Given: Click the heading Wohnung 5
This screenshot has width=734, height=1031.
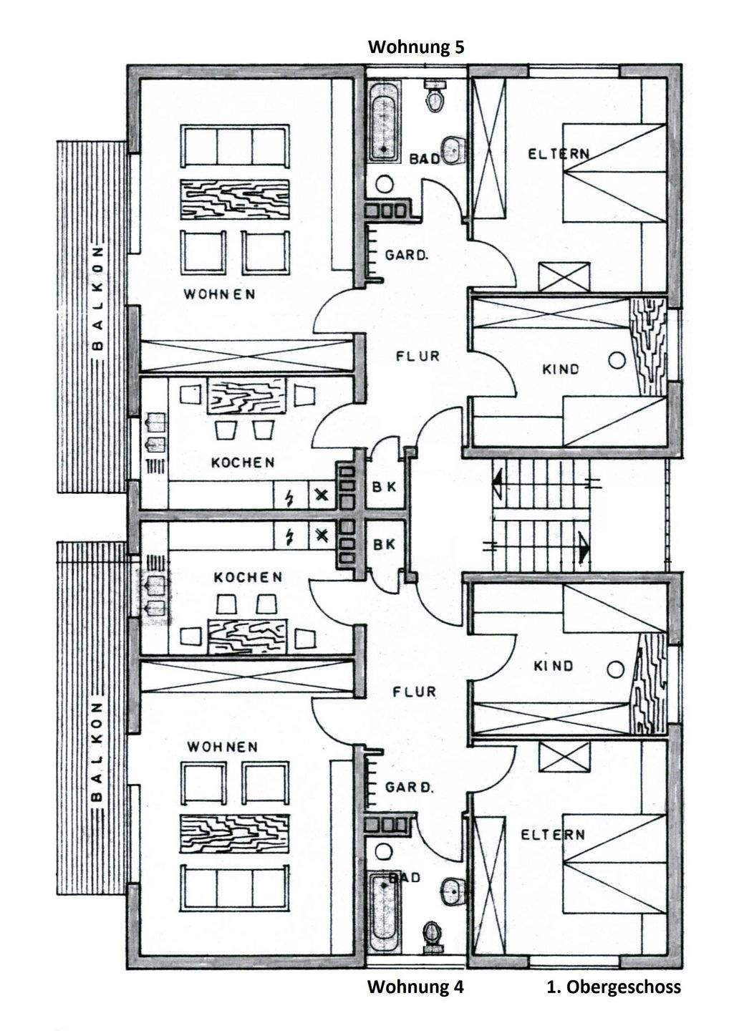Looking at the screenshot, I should (415, 47).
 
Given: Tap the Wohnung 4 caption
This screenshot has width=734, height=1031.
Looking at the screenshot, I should (415, 987).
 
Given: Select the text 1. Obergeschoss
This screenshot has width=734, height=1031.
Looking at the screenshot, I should (614, 987).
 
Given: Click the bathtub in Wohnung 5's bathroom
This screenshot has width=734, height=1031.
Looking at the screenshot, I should (385, 122).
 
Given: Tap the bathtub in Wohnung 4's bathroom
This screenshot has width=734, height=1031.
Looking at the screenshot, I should (385, 909).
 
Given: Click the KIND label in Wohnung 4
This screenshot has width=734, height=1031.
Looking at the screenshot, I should (554, 666).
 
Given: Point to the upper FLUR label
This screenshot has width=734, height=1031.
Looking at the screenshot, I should (417, 355).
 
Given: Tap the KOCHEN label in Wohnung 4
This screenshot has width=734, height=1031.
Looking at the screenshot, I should (248, 577).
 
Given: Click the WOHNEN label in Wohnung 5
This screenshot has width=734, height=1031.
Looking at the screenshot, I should (219, 294).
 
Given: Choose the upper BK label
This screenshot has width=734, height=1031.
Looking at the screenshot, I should (385, 486).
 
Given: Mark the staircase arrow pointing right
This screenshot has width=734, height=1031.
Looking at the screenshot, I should (584, 548).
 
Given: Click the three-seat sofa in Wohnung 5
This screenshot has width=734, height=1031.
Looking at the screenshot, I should (235, 145).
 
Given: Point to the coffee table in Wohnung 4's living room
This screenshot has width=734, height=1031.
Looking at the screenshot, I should (235, 834).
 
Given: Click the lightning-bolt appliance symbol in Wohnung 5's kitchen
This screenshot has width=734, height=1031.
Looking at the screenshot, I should (291, 495).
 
